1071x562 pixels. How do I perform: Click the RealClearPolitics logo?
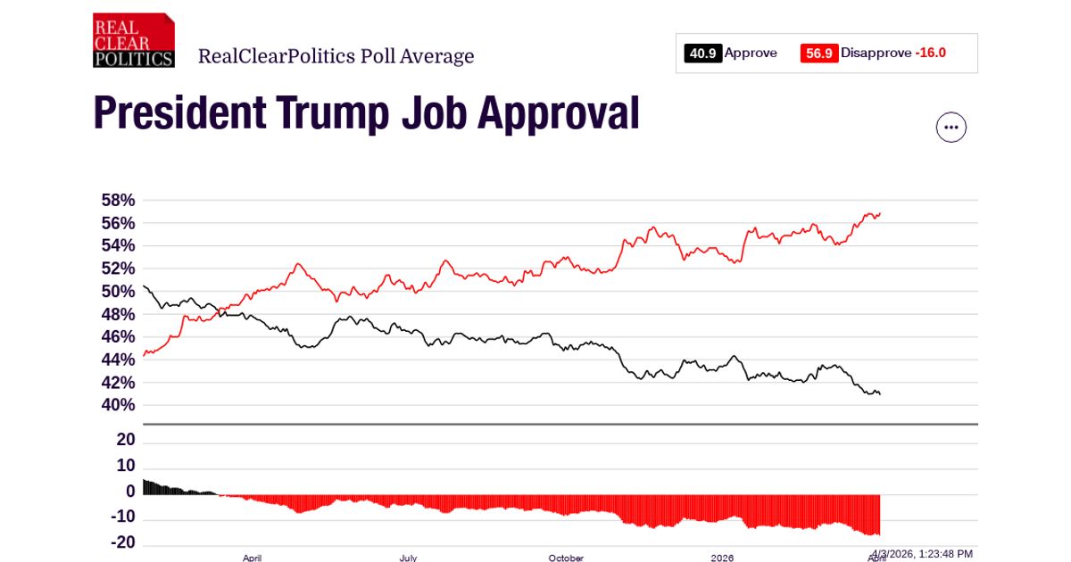click(x=133, y=40)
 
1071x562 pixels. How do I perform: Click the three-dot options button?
click(x=951, y=128)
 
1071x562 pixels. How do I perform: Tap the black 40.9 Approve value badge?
click(x=703, y=54)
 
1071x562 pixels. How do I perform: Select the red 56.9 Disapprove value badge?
click(x=819, y=54)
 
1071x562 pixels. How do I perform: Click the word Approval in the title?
click(x=558, y=113)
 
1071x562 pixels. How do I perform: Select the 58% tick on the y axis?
click(x=119, y=200)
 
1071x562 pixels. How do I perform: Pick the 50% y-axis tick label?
click(x=119, y=292)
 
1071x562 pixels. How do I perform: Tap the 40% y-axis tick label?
click(x=119, y=405)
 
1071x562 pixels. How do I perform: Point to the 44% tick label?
click(x=119, y=360)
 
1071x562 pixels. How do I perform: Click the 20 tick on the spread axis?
click(x=126, y=440)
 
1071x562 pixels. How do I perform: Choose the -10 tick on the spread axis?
click(x=122, y=517)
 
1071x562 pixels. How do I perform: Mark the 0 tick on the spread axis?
click(x=130, y=492)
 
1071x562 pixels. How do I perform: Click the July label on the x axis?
click(x=408, y=558)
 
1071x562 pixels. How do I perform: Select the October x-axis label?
click(x=566, y=558)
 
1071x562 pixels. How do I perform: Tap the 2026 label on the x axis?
click(x=722, y=558)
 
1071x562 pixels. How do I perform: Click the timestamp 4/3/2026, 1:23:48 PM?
click(x=922, y=554)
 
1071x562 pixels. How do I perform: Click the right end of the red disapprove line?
click(x=880, y=213)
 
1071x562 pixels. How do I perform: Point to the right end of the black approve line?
click(x=880, y=394)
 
